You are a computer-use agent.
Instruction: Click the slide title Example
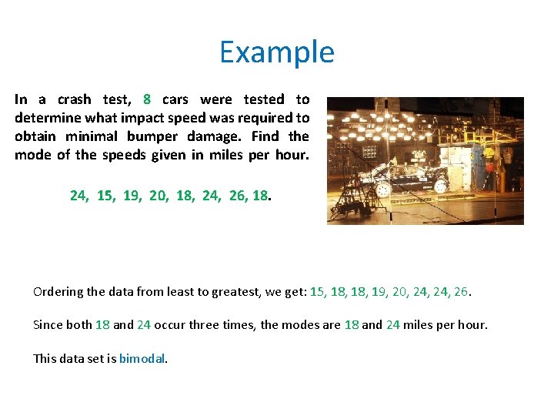[277, 52]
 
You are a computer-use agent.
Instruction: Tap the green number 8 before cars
[147, 99]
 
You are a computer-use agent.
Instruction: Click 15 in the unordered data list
[105, 196]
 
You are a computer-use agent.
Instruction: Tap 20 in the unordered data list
[158, 196]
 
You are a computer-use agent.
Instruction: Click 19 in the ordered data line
[379, 292]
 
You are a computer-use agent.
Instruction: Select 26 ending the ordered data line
[461, 292]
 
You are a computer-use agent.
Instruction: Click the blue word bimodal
[142, 358]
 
